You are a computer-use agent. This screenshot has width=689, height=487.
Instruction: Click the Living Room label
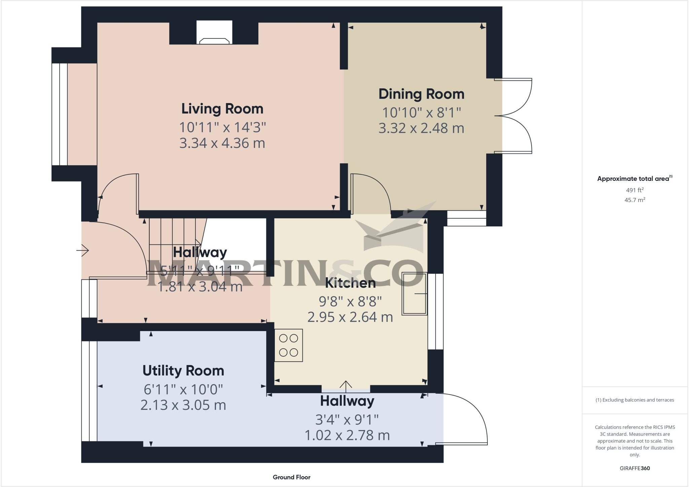point(222,109)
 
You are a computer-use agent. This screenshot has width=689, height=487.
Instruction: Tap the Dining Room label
point(421,94)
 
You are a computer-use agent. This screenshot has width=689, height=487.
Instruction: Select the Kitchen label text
point(350,283)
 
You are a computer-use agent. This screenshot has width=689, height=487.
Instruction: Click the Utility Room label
point(183,371)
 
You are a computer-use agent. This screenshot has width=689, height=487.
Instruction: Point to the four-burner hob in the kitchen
point(288,345)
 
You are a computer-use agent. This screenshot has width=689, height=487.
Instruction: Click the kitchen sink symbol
point(414,294)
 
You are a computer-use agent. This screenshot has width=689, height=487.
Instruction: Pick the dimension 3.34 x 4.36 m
point(222,143)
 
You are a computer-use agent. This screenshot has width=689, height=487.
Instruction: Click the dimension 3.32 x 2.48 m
point(421,128)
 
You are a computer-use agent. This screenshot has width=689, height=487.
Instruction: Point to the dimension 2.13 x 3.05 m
point(183,405)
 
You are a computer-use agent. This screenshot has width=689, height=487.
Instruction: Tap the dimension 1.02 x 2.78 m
point(347,435)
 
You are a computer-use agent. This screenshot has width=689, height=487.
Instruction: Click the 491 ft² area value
point(634,190)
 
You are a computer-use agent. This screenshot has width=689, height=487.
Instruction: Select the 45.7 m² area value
point(634,200)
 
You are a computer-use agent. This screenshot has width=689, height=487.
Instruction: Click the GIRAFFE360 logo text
point(634,468)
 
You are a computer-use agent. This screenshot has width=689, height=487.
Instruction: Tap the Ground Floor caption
point(291,477)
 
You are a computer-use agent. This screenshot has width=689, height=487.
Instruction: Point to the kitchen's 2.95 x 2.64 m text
point(350,317)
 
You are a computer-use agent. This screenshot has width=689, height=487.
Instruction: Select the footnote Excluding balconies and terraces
point(634,400)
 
